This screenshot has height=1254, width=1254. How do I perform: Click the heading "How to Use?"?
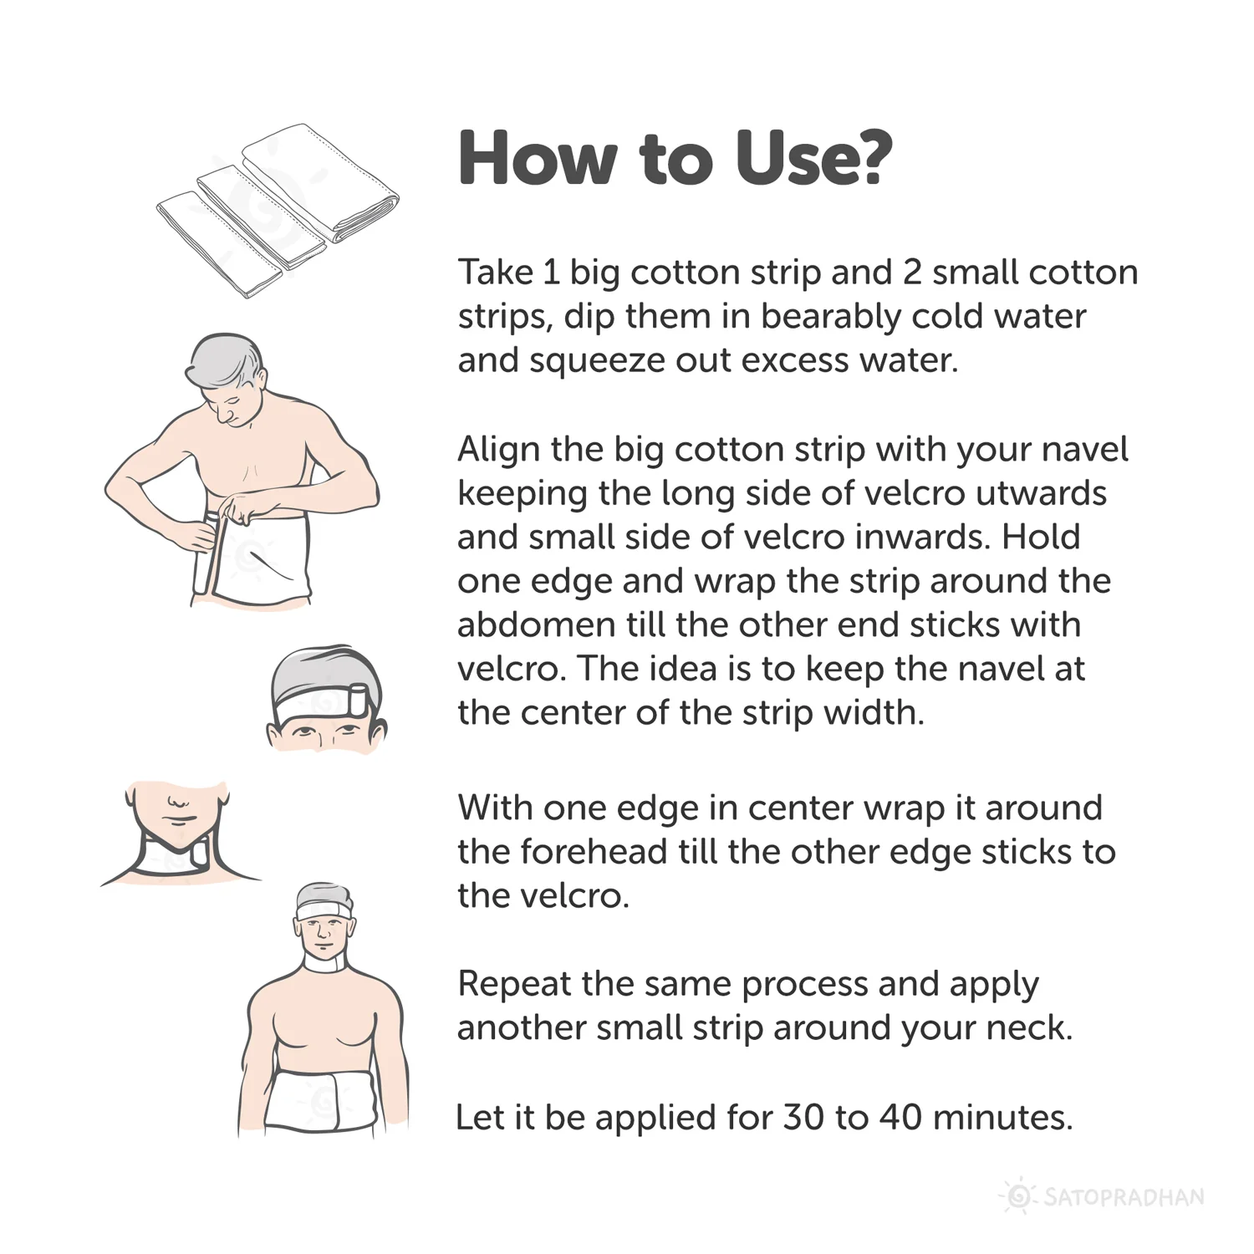(675, 159)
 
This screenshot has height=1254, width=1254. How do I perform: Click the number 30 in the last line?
(804, 1118)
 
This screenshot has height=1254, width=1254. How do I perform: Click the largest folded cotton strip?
(320, 180)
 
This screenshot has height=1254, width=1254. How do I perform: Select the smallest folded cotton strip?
(220, 243)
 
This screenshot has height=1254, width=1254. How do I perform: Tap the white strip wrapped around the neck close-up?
(174, 858)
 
